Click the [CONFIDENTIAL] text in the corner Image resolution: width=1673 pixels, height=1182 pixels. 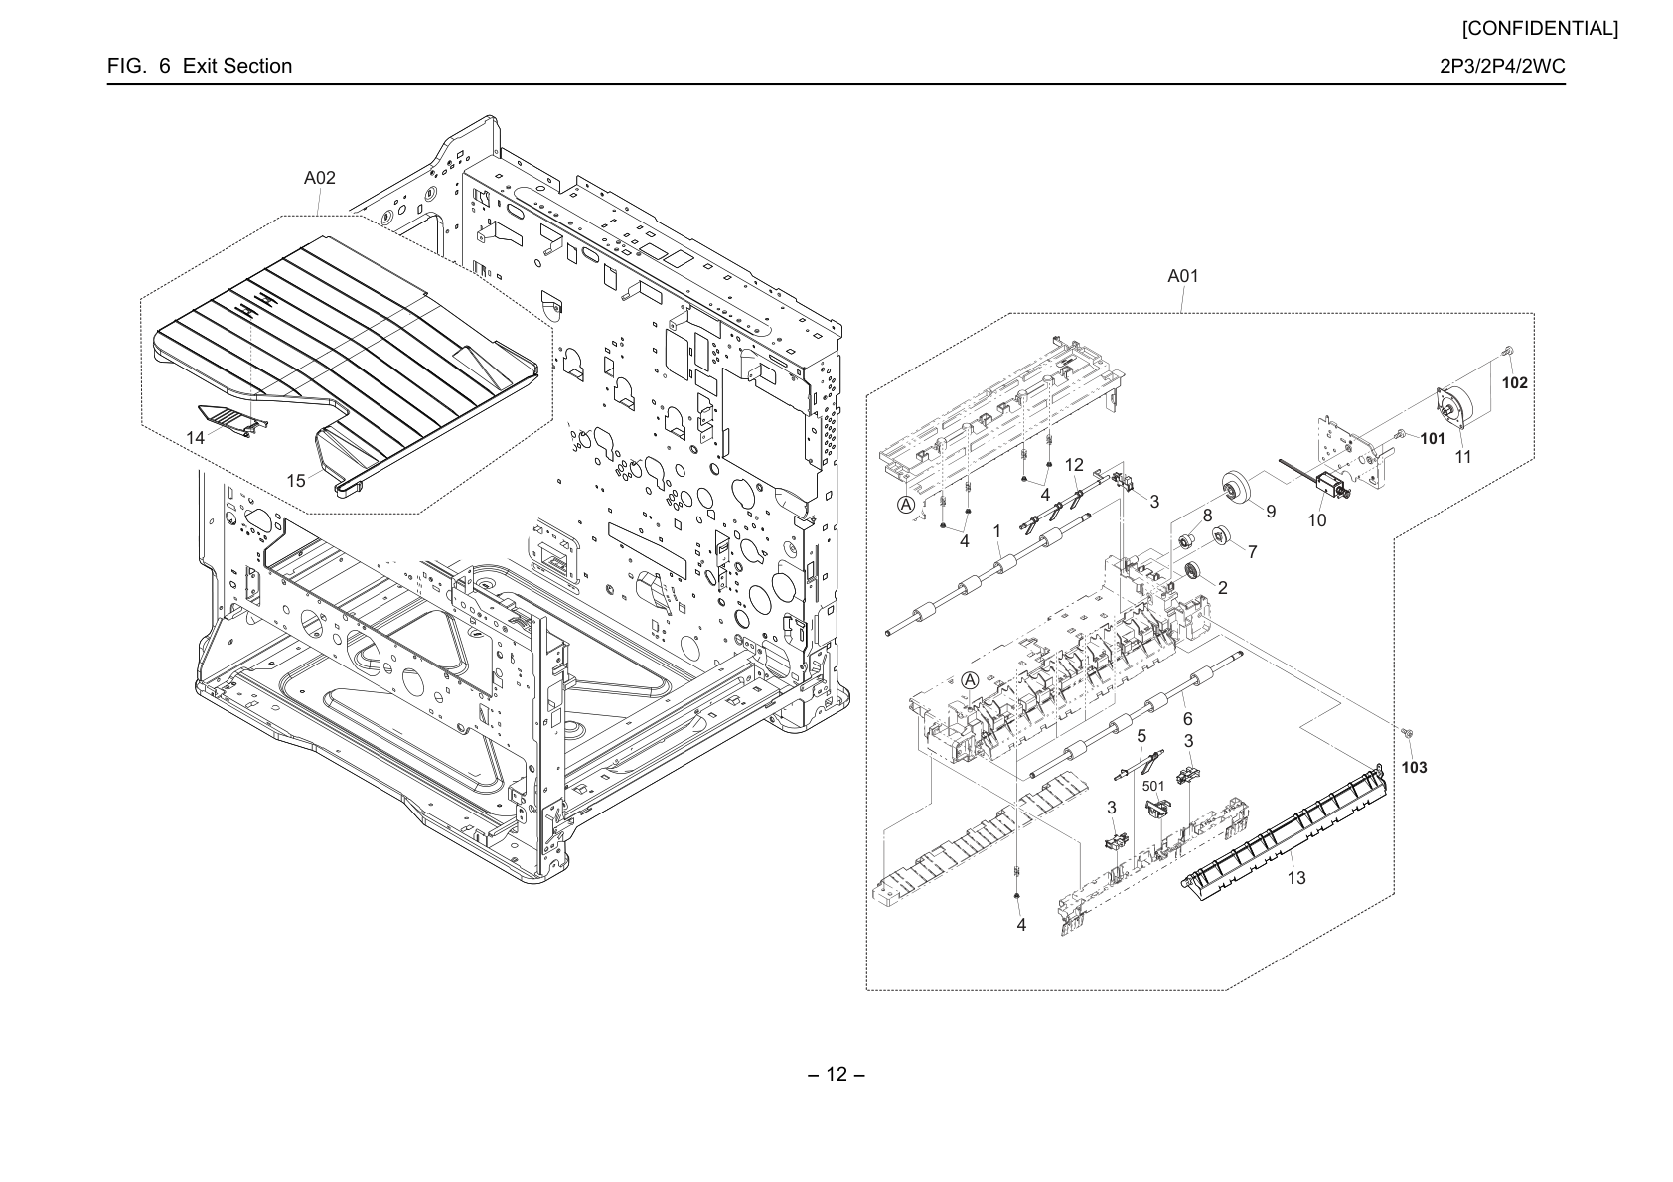coord(1540,29)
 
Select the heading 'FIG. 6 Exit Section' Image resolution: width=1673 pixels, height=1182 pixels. coord(200,66)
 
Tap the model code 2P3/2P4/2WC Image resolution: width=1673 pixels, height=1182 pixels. coord(1503,66)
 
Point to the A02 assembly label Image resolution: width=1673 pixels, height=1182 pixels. coord(320,178)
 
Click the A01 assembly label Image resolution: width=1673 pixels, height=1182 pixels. coord(1183,276)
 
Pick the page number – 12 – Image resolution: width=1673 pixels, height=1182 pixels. coord(836,1074)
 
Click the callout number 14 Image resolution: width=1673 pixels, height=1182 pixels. coord(195,438)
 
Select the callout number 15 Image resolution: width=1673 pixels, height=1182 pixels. coord(296,480)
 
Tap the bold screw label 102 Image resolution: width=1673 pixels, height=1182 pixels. coord(1515,383)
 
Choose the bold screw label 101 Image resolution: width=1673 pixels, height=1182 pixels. coord(1433,439)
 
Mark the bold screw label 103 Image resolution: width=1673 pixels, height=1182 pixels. coord(1414,768)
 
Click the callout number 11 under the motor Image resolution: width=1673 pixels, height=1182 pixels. coord(1463,456)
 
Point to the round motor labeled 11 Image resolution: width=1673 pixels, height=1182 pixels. coord(1457,412)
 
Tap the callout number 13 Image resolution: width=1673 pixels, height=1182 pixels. coord(1296,878)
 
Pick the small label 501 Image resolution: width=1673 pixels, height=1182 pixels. coord(1153,786)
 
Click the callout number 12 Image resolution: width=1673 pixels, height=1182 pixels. coord(1074,465)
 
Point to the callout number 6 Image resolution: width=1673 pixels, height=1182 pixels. coord(1187,719)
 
